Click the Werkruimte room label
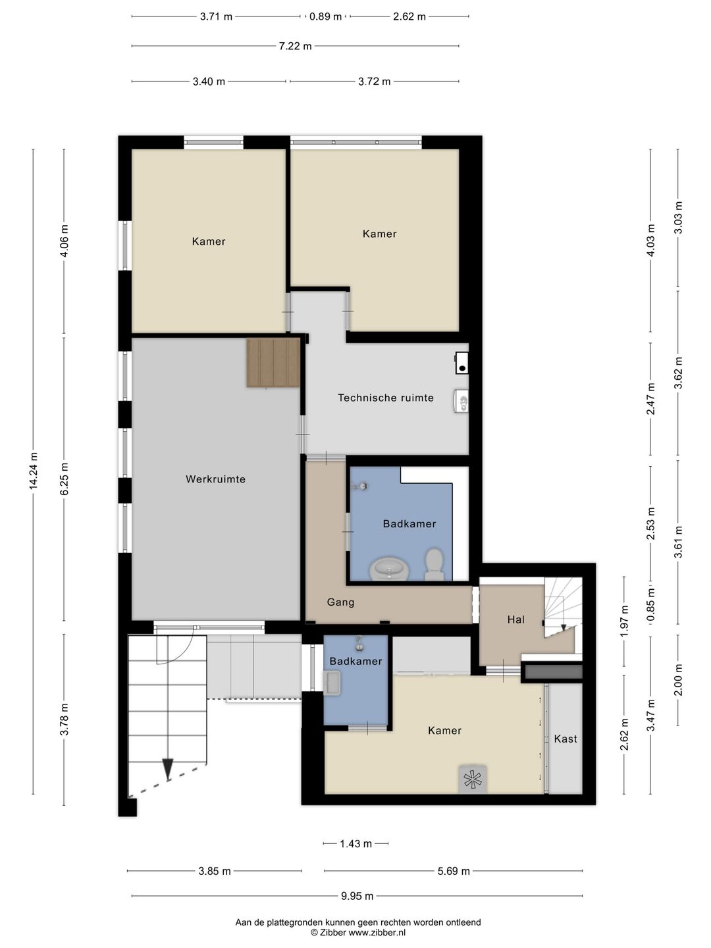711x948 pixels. click(x=215, y=479)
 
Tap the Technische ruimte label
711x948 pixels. click(x=386, y=398)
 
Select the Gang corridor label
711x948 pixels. click(x=340, y=602)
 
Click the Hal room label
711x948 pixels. click(x=515, y=619)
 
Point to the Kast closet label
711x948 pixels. click(x=565, y=739)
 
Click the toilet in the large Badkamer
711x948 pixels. click(x=434, y=564)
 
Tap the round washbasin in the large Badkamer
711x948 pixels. click(x=389, y=568)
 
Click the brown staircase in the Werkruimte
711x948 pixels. click(x=274, y=363)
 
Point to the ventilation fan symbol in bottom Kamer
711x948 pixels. click(x=473, y=779)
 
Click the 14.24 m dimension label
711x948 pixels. click(x=34, y=471)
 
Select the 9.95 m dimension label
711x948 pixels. click(x=357, y=896)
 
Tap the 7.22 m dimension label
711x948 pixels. click(x=295, y=46)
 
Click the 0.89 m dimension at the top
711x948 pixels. click(x=325, y=16)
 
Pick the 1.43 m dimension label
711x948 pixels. click(x=355, y=843)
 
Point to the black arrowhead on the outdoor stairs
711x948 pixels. click(x=168, y=768)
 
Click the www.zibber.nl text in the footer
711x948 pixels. click(x=377, y=932)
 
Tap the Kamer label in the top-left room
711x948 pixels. click(x=209, y=242)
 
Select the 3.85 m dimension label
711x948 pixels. click(x=215, y=871)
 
